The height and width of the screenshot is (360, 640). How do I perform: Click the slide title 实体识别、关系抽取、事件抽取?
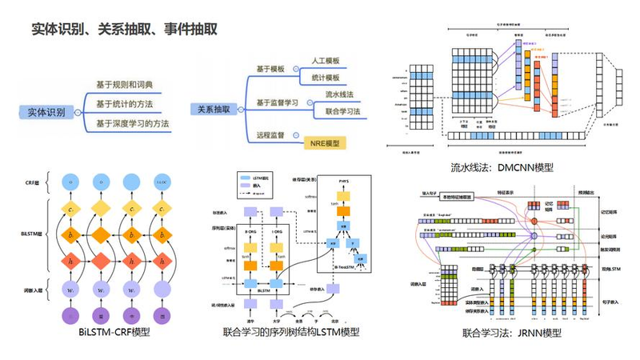click(124, 29)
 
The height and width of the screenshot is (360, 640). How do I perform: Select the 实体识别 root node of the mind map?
click(46, 113)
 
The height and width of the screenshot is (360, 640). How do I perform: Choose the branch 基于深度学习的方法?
click(133, 123)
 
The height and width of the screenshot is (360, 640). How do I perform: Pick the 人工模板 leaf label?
click(326, 61)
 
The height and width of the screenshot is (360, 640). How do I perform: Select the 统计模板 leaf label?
click(326, 78)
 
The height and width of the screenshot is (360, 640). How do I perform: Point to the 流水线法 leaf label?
click(339, 94)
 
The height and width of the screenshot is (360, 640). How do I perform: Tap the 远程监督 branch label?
click(271, 134)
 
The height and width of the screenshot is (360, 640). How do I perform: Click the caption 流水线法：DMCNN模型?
click(502, 168)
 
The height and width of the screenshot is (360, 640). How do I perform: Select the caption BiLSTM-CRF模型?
click(114, 332)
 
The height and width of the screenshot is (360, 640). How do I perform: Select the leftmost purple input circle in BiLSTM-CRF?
click(70, 314)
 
